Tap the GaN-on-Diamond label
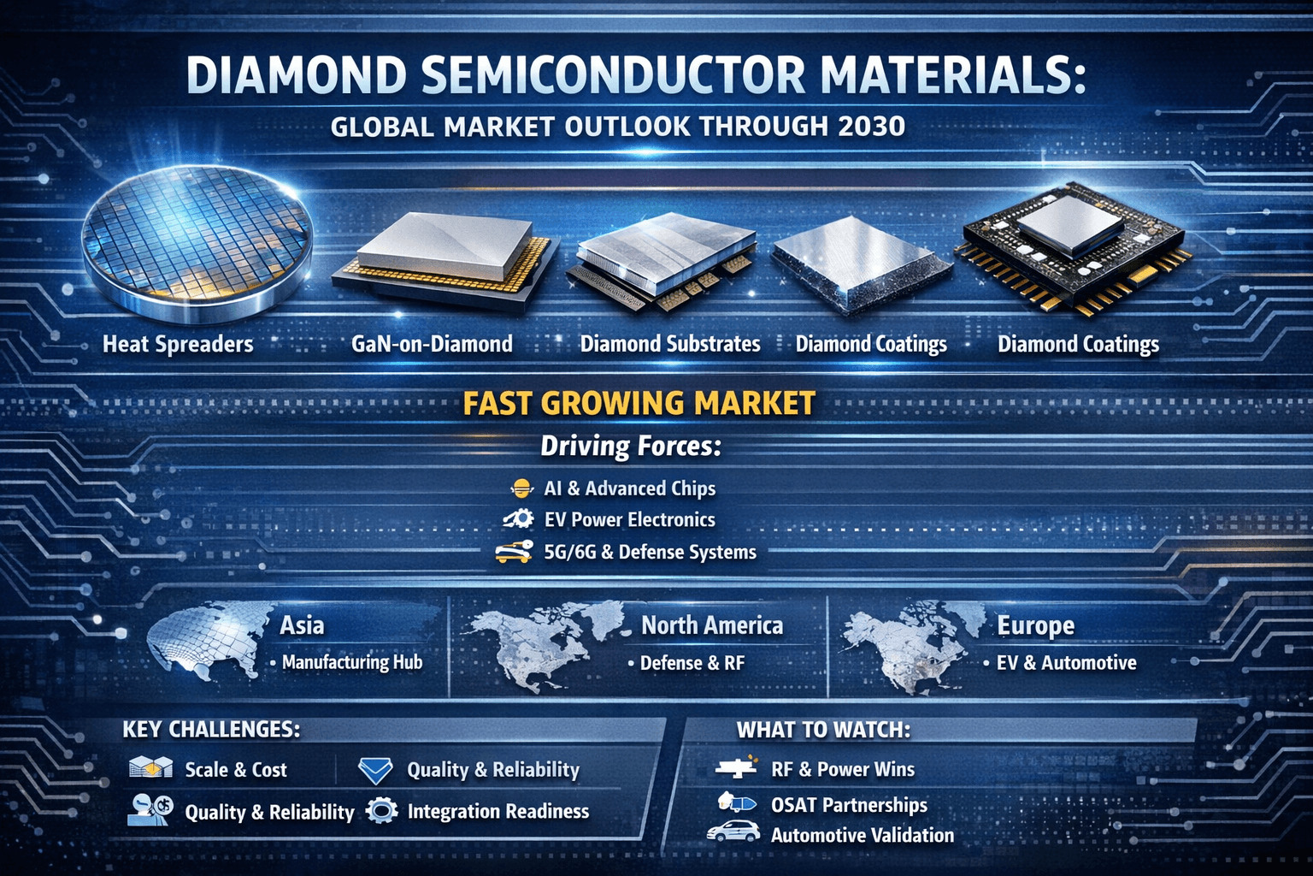432,344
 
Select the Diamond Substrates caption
670,344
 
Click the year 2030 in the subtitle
872,127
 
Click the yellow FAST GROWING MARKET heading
639,403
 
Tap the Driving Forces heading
631,446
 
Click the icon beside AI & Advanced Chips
521,488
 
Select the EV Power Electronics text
629,520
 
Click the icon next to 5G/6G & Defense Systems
514,553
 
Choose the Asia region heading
302,625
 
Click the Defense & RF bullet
692,663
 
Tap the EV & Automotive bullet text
1066,663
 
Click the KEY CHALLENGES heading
211,729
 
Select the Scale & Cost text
236,770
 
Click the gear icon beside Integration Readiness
381,810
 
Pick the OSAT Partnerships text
849,805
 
